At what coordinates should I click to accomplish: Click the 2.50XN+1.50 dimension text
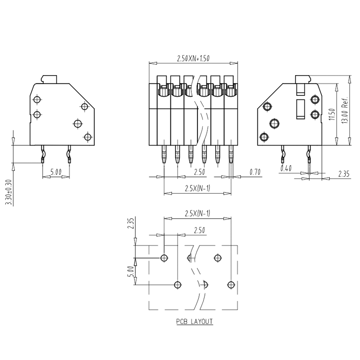[x=193, y=58]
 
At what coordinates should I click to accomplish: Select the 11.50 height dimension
[x=332, y=115]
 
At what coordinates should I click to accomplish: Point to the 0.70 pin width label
[x=255, y=172]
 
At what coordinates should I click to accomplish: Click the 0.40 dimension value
[x=286, y=168]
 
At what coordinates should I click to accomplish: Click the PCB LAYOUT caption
[x=194, y=321]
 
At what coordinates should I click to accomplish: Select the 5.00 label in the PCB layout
[x=130, y=272]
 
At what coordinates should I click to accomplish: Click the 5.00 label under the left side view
[x=56, y=172]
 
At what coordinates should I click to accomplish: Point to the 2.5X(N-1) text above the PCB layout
[x=198, y=214]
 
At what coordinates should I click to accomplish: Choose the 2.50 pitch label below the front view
[x=199, y=172]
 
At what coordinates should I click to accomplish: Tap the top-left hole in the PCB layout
[x=164, y=258]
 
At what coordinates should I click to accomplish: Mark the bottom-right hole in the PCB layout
[x=231, y=285]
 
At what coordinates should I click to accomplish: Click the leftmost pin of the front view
[x=164, y=154]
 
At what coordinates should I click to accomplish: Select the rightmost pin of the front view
[x=231, y=154]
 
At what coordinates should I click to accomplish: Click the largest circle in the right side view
[x=274, y=123]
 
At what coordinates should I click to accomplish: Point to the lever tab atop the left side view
[x=49, y=79]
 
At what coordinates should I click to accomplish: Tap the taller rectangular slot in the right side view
[x=301, y=109]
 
